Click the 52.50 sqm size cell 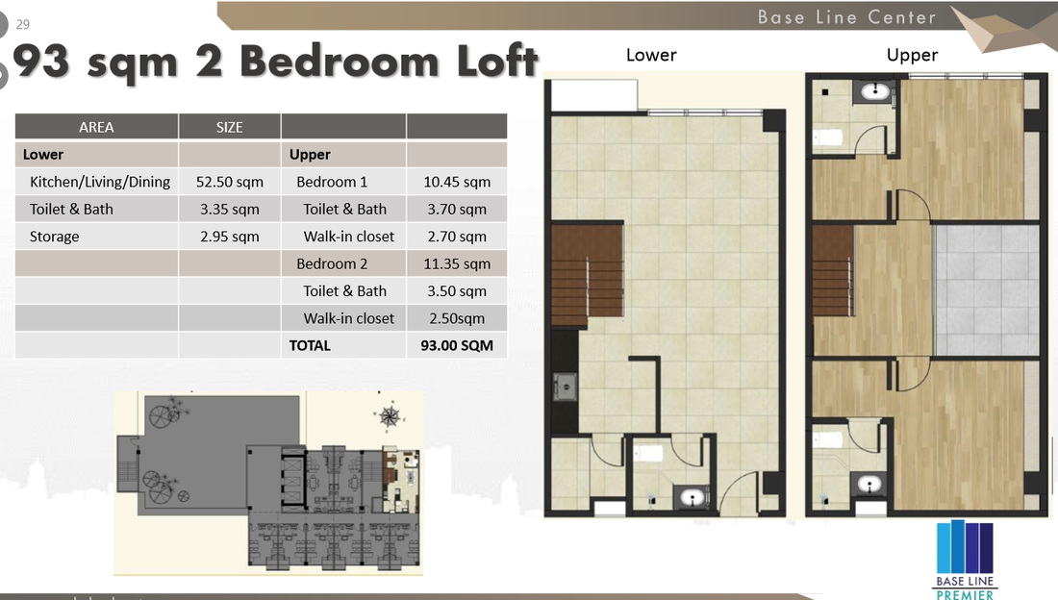click(x=230, y=182)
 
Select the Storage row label click(x=54, y=237)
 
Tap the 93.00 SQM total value click(x=457, y=345)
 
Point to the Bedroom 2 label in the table click(x=332, y=263)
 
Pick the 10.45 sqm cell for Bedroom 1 click(x=457, y=182)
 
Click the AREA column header click(x=96, y=127)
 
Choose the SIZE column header click(x=230, y=127)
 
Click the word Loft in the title click(x=497, y=61)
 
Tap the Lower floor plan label click(x=651, y=55)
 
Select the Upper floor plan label click(x=912, y=55)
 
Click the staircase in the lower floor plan click(x=587, y=275)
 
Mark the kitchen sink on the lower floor click(x=566, y=387)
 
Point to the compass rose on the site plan click(x=390, y=416)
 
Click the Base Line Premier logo click(x=965, y=559)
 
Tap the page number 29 click(x=23, y=24)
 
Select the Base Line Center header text click(x=846, y=17)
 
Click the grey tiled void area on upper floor click(x=987, y=290)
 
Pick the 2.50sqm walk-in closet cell click(x=457, y=318)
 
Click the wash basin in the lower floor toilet click(x=693, y=497)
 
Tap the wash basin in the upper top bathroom click(x=875, y=91)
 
